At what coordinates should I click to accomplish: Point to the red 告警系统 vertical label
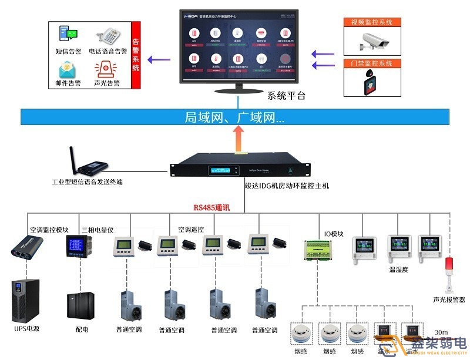tap(136, 55)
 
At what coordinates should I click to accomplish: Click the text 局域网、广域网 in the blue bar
tap(234, 117)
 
